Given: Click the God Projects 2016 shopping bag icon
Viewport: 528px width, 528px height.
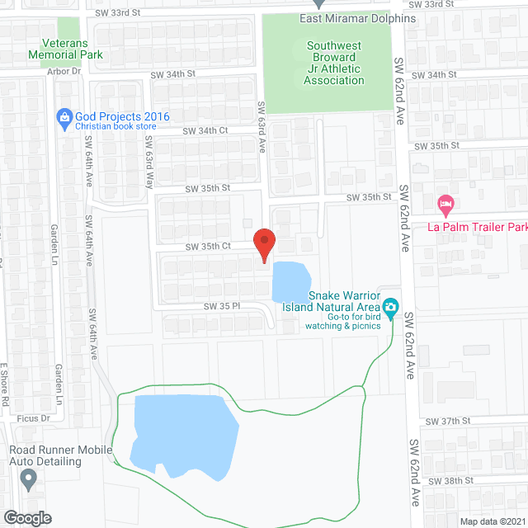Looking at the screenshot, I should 64,116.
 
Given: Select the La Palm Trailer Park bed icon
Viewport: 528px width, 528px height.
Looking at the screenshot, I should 445,203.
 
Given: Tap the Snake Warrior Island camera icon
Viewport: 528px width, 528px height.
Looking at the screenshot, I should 391,309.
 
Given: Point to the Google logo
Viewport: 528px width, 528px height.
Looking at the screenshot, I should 26,517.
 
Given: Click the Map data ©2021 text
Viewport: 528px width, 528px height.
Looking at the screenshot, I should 492,521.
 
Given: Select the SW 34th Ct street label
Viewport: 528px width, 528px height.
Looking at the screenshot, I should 205,131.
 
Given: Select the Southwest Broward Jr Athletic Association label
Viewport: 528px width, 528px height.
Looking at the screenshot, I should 335,64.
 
